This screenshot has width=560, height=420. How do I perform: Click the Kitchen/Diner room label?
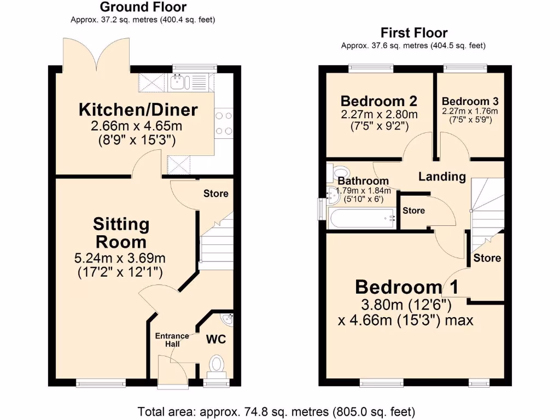(138, 109)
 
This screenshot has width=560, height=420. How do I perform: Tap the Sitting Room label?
(120, 232)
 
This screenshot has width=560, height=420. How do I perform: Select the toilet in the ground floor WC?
(217, 364)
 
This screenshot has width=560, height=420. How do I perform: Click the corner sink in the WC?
(227, 319)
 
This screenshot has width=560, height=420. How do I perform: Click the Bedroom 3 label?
(470, 101)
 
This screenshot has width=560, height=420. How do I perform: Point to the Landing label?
(442, 177)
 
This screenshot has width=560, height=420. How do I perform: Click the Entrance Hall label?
(172, 340)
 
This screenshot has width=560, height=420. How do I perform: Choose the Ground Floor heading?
(143, 7)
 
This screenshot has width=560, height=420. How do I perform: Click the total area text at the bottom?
(276, 411)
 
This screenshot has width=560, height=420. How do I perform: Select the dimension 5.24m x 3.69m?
(120, 258)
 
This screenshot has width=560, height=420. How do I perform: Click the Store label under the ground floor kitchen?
(215, 194)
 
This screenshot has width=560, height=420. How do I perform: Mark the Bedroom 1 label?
(406, 287)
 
